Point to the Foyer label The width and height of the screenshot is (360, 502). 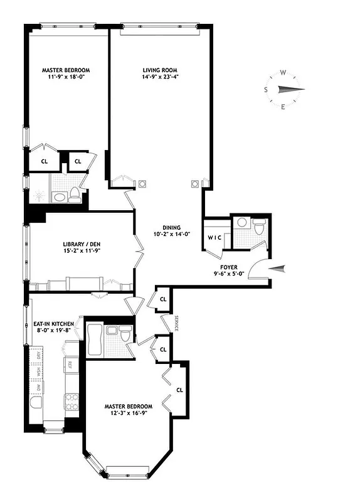[x=225, y=267]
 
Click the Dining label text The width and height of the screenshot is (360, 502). [x=172, y=227]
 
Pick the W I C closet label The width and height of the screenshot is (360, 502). [x=215, y=237]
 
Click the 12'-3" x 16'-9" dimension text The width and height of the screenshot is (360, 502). [x=129, y=415]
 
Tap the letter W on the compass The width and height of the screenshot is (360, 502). [x=283, y=73]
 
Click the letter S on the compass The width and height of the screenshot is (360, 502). [x=266, y=89]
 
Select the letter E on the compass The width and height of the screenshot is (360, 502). [x=283, y=106]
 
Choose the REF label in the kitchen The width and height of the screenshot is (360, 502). [x=70, y=365]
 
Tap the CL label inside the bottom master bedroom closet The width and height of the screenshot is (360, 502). [x=179, y=389]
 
